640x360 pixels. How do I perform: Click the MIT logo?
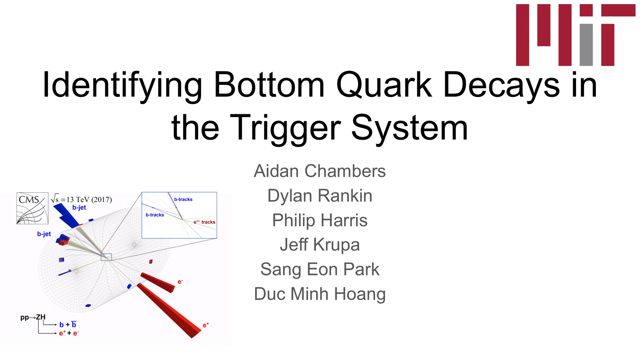point(576,35)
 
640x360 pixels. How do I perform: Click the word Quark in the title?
point(384,85)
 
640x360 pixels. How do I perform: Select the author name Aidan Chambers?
point(320,171)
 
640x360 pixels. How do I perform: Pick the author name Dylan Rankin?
point(320,196)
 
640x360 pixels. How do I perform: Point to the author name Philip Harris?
point(320,220)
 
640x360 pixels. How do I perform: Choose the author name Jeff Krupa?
point(320,245)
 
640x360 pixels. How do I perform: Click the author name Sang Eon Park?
point(320,269)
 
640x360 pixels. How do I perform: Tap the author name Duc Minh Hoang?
point(320,294)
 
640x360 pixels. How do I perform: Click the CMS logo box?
point(32,208)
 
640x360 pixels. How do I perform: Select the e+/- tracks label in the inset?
point(204,222)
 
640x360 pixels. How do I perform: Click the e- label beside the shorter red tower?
point(180,282)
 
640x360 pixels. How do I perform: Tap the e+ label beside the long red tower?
point(206,325)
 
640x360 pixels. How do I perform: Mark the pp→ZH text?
point(33,317)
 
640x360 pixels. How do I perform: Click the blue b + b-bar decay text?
point(68,324)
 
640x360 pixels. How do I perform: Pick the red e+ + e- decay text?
point(69,333)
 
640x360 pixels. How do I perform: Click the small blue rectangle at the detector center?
point(106,257)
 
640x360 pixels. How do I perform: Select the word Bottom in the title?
point(269,85)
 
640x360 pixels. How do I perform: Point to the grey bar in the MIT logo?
point(586,45)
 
